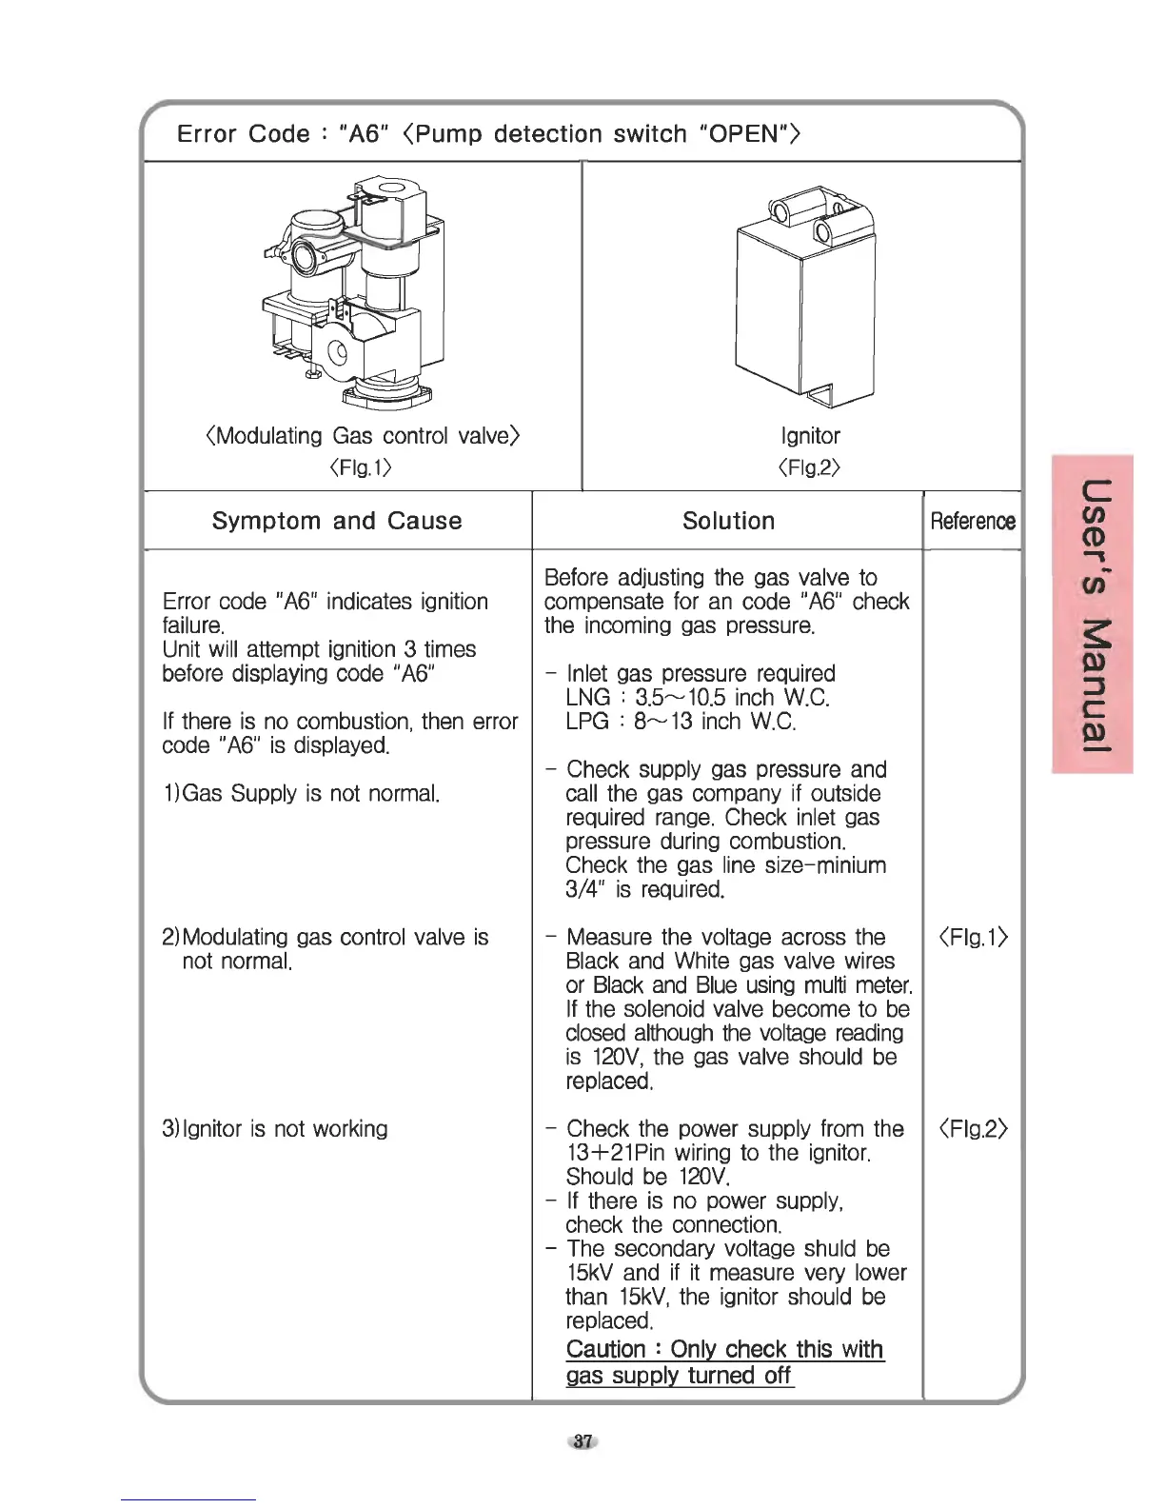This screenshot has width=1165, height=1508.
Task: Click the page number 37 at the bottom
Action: click(583, 1441)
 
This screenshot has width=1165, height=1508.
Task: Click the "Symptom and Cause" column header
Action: click(337, 521)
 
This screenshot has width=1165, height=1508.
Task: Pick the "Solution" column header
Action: click(728, 521)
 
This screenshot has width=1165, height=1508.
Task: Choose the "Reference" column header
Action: click(972, 521)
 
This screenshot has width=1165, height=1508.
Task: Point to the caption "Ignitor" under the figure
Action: click(810, 436)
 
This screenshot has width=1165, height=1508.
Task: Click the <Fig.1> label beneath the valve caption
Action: click(361, 467)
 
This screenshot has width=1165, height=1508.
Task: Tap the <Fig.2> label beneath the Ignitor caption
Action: click(810, 467)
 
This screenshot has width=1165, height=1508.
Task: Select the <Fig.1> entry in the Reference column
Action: click(973, 938)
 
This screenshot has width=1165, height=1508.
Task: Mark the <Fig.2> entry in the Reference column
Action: click(973, 1129)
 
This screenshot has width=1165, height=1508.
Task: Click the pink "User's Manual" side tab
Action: click(1092, 614)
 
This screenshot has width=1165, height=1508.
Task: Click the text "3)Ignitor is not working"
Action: click(275, 1129)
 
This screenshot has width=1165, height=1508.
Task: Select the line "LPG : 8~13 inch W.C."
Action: click(680, 722)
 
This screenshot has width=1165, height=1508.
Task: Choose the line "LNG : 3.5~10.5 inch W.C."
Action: click(698, 698)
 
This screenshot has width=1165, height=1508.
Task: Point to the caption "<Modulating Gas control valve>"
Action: click(362, 436)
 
